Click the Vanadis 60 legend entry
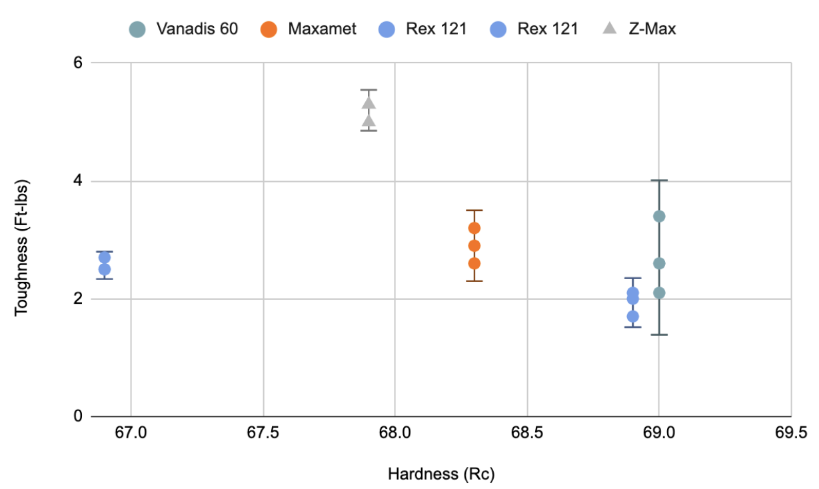183,29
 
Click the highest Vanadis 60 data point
659,216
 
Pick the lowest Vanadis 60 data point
659,292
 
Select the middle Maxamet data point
474,246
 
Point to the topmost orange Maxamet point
474,228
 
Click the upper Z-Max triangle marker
369,103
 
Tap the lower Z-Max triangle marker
369,121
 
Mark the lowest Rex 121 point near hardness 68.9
633,316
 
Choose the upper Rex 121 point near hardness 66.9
105,257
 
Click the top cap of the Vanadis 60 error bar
659,181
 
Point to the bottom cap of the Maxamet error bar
474,281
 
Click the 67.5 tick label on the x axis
263,434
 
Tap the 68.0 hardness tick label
395,434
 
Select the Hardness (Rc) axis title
441,474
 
